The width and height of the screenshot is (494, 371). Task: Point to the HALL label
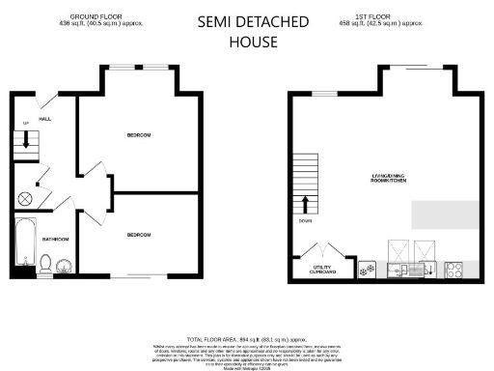[45, 119]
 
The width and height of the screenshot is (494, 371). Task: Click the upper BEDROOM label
[138, 134]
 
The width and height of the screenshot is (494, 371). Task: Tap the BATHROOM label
[55, 238]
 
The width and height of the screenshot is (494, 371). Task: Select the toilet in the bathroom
[45, 260]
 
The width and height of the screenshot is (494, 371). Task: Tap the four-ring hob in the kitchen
[454, 271]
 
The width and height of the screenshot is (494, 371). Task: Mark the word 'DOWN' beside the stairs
[306, 220]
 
